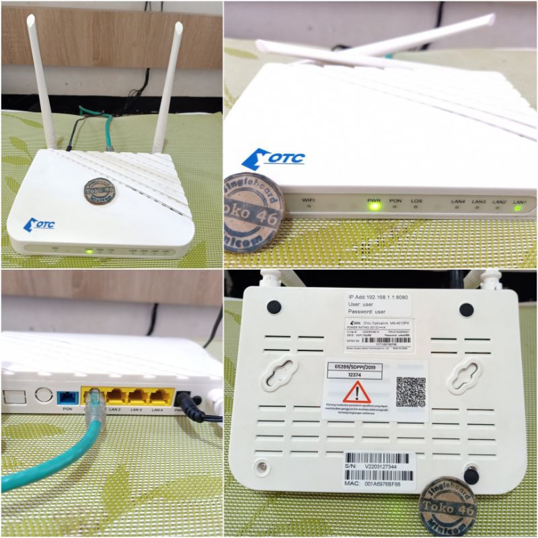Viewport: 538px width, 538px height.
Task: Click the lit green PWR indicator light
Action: pyautogui.click(x=374, y=205)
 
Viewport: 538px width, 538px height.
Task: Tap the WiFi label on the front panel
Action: pyautogui.click(x=309, y=200)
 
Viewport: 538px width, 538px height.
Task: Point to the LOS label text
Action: pyautogui.click(x=417, y=200)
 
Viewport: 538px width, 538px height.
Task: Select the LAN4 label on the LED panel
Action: pyautogui.click(x=459, y=200)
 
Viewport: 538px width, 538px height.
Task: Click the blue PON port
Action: pyautogui.click(x=67, y=396)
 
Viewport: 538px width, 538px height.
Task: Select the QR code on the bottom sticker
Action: pyautogui.click(x=410, y=391)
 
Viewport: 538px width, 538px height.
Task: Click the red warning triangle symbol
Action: pyautogui.click(x=356, y=392)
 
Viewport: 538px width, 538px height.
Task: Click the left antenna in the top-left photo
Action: pyautogui.click(x=42, y=84)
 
